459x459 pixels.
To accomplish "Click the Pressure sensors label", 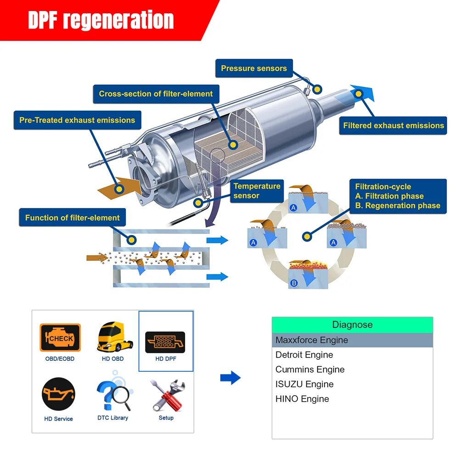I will click(253, 69).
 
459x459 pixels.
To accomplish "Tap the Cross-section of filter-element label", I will click(156, 94).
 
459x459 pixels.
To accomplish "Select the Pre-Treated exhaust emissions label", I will click(77, 120).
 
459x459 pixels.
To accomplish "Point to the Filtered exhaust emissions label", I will click(393, 125).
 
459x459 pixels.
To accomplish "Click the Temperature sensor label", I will click(257, 191).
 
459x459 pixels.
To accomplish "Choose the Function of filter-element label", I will click(72, 218).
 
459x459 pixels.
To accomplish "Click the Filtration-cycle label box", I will click(397, 196).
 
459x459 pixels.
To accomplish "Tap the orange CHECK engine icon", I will click(60, 338).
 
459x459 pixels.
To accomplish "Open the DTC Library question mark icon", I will click(113, 394).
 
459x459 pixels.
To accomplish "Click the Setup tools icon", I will click(167, 395).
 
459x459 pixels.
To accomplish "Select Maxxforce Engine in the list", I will click(312, 340).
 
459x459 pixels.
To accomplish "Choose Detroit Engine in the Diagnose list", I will click(304, 355).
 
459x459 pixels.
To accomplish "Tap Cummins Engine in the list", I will click(310, 369).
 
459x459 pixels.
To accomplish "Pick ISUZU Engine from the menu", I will click(304, 384).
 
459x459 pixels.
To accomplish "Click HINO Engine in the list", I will click(302, 399).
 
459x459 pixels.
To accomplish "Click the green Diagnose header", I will click(352, 325).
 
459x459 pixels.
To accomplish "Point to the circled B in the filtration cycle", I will click(294, 283).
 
